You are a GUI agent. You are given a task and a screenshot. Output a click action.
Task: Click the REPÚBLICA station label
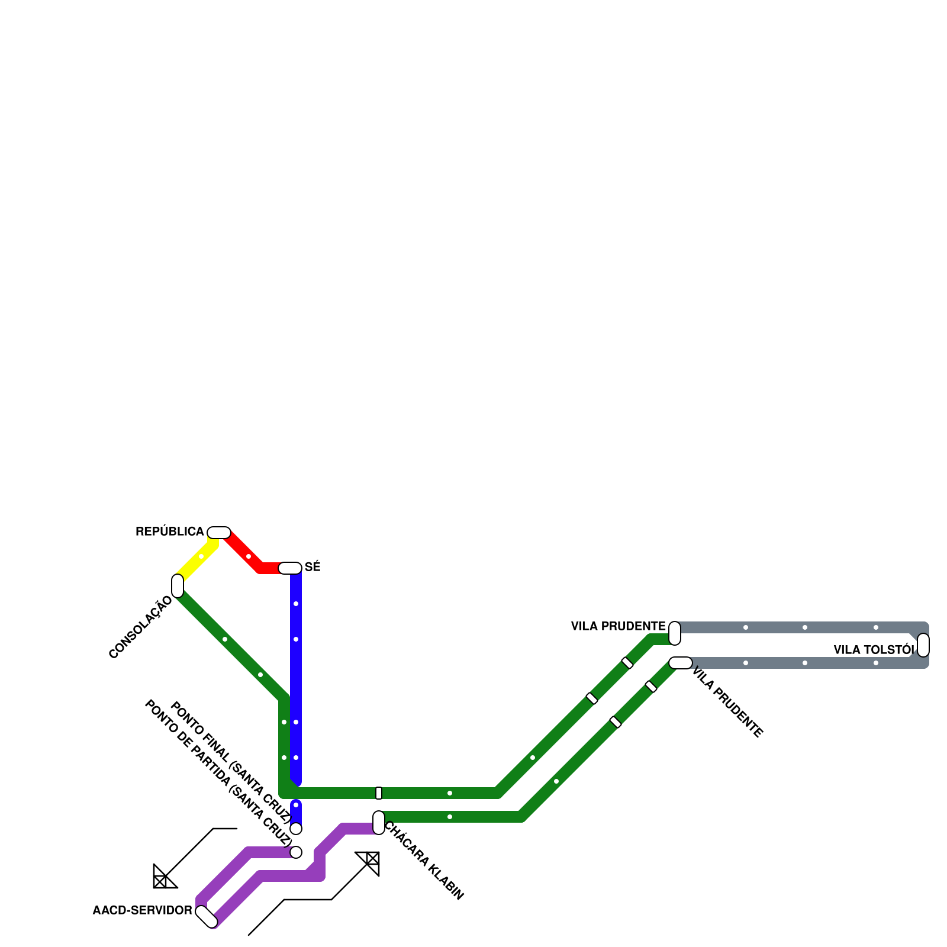click(170, 532)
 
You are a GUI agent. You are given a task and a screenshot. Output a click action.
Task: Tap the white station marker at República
click(219, 533)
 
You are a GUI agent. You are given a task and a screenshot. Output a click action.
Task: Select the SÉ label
click(313, 567)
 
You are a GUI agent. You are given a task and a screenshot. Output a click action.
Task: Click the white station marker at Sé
click(290, 568)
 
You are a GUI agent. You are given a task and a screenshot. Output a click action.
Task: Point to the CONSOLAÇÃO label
click(140, 627)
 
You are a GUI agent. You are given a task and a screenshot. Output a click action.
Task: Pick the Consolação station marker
click(178, 586)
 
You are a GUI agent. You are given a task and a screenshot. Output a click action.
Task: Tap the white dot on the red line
click(249, 556)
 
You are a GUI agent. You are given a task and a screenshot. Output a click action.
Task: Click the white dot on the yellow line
click(201, 556)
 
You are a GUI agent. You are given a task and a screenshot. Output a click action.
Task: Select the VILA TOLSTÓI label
click(874, 650)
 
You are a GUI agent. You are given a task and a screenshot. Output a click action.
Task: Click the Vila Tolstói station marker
click(923, 645)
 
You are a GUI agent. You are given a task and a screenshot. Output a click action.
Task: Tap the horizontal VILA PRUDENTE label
click(618, 626)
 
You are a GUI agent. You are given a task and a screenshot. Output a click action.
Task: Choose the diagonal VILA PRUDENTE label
click(727, 703)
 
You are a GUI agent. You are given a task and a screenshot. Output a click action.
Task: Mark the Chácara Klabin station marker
click(379, 823)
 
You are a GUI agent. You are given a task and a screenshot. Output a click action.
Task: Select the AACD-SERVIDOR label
click(142, 910)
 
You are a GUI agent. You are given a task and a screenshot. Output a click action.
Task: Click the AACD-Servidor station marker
click(207, 916)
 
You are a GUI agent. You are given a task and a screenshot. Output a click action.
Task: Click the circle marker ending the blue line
click(296, 829)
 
